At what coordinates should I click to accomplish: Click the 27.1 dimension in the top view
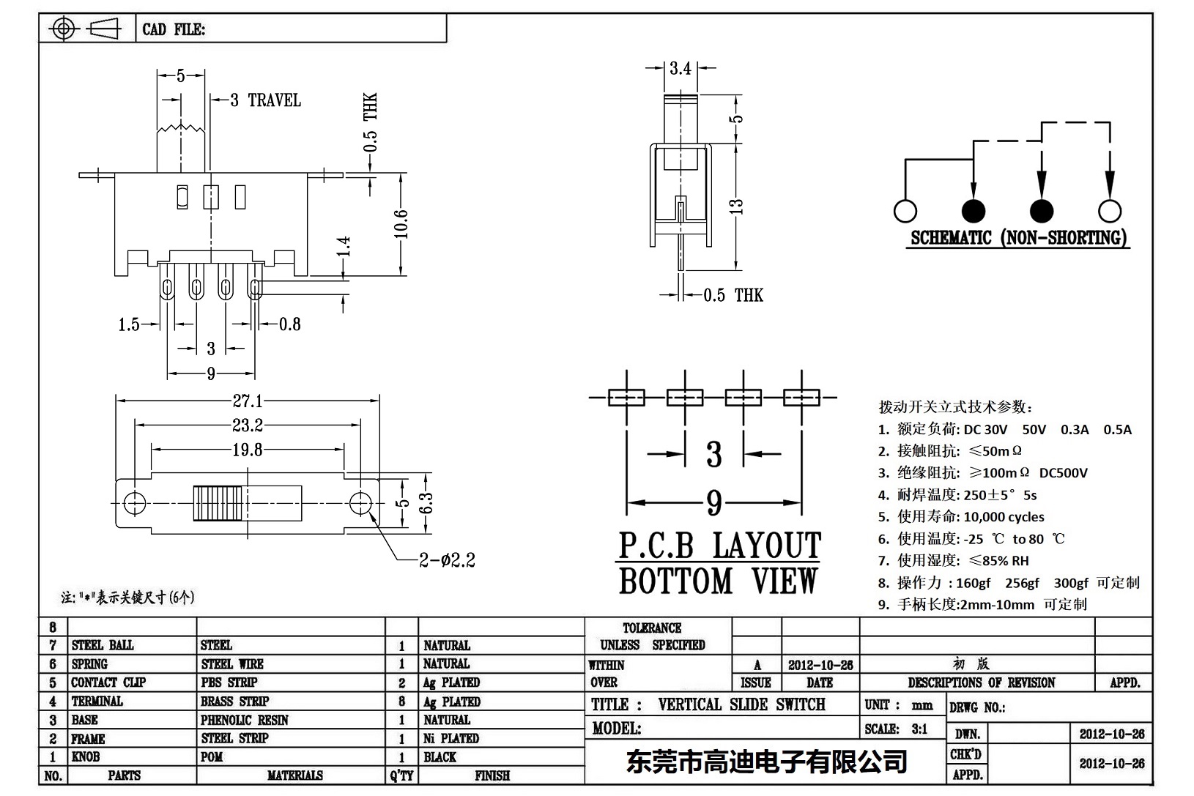pyautogui.click(x=248, y=401)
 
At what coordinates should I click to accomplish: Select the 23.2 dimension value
pyautogui.click(x=248, y=425)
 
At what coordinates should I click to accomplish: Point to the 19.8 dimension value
pyautogui.click(x=248, y=450)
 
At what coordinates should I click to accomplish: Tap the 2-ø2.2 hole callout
pyautogui.click(x=447, y=561)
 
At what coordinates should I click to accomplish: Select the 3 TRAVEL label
pyautogui.click(x=265, y=100)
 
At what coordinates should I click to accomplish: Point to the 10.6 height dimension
pyautogui.click(x=401, y=224)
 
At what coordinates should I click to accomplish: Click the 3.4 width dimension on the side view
pyautogui.click(x=680, y=68)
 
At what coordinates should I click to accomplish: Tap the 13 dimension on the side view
pyautogui.click(x=737, y=207)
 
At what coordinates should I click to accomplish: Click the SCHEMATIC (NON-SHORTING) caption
pyautogui.click(x=1018, y=239)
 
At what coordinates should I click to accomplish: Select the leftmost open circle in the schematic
pyautogui.click(x=905, y=211)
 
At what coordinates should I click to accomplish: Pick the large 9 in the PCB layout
pyautogui.click(x=714, y=503)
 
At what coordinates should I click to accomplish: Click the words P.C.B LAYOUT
pyautogui.click(x=719, y=546)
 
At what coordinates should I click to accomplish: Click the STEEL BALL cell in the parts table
pyautogui.click(x=103, y=645)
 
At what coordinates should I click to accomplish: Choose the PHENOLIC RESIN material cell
pyautogui.click(x=244, y=720)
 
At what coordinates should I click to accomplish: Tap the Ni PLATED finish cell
pyautogui.click(x=450, y=738)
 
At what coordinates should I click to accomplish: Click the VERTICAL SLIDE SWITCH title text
pyautogui.click(x=741, y=704)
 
